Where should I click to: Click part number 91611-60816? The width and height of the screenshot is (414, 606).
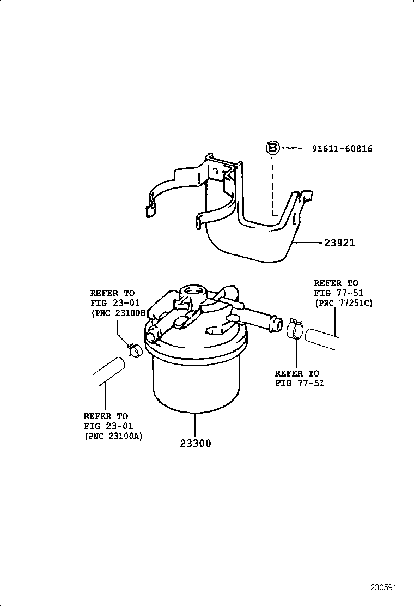pyautogui.click(x=342, y=149)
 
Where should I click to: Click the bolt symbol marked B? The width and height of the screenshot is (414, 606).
pyautogui.click(x=273, y=148)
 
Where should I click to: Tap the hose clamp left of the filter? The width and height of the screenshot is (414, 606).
pyautogui.click(x=134, y=350)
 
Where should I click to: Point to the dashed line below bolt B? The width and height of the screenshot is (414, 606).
pyautogui.click(x=272, y=183)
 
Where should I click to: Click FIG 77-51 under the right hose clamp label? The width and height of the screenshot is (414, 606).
pyautogui.click(x=299, y=383)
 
